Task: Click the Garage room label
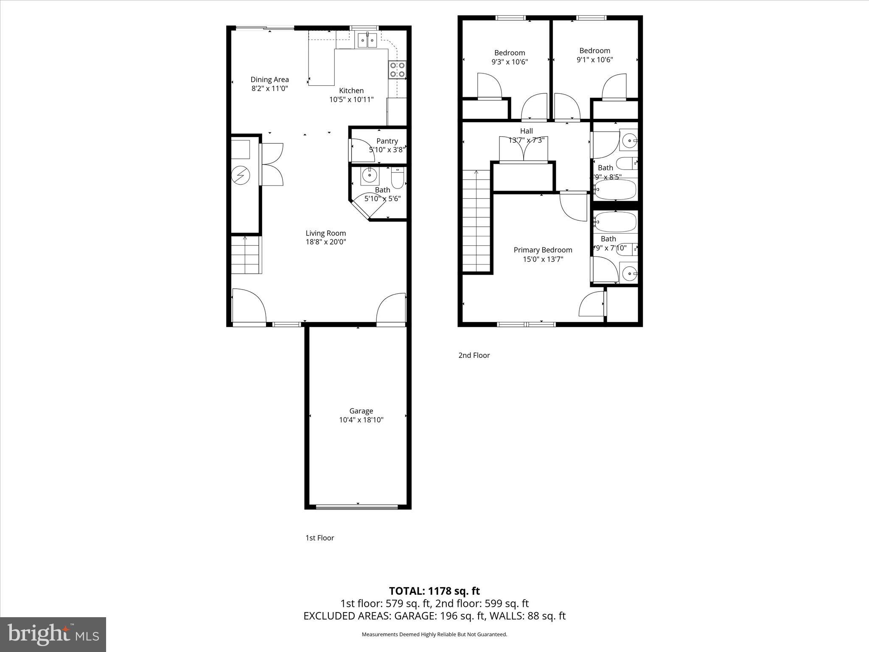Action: tap(361, 410)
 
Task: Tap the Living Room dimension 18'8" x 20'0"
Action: tap(326, 242)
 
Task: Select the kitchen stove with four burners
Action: tap(398, 70)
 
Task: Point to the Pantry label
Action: tap(387, 141)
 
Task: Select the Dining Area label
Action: tap(269, 79)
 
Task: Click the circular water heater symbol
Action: tap(241, 175)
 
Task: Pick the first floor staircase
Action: tap(245, 256)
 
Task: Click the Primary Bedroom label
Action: tap(543, 250)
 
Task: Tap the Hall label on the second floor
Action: tap(526, 131)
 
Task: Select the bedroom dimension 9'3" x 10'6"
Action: tap(509, 62)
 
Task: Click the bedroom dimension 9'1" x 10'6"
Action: tap(594, 60)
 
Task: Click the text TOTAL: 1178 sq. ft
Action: tap(434, 591)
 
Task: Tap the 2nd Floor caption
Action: tap(474, 355)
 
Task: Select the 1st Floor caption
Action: tap(320, 538)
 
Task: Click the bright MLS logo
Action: tap(53, 634)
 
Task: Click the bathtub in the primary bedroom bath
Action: tap(615, 222)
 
